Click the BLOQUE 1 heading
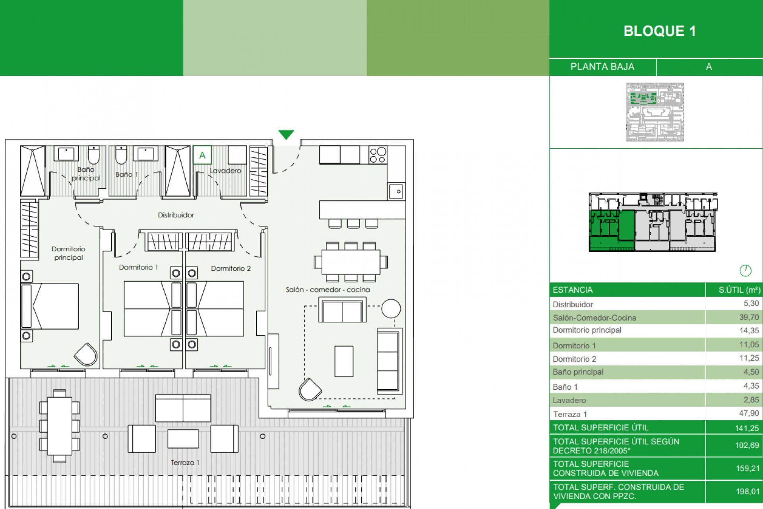coord(660,31)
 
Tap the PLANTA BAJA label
coord(602,67)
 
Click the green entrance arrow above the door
coord(286,134)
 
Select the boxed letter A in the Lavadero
coord(202,155)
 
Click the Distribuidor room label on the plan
coord(176,215)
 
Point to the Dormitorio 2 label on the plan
coord(230,268)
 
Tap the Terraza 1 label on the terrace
coord(185,462)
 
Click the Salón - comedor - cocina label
coord(327,290)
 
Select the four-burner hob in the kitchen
coord(378,155)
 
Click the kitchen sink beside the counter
coord(396,192)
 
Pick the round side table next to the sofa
coord(391,308)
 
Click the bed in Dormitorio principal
coord(50,306)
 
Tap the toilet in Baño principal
coord(94,155)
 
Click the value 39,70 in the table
coord(749,317)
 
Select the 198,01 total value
coord(747,492)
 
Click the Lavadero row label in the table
coord(569,400)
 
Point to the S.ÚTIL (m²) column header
coord(739,290)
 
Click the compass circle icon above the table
coord(746,271)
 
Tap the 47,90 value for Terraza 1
coord(749,413)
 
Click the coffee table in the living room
coord(344,361)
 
